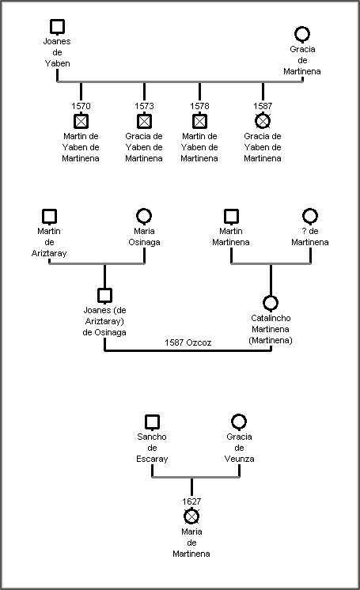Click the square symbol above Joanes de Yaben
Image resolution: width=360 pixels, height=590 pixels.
coord(57,27)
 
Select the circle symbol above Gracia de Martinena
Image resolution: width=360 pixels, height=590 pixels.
coord(302,35)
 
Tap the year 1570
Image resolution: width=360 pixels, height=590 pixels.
coord(81,106)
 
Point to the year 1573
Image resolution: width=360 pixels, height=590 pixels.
coord(144,106)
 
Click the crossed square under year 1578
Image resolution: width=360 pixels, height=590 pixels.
coord(199,121)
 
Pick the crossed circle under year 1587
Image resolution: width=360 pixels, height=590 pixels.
coord(263,121)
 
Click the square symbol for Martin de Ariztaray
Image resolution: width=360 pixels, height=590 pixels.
coord(49,217)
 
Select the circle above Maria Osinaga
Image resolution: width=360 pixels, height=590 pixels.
coord(144,217)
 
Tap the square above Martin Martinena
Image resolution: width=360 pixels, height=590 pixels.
coord(231,217)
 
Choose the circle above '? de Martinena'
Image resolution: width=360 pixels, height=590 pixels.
coord(310,217)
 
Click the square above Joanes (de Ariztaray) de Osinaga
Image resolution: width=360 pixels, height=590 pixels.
coord(104,296)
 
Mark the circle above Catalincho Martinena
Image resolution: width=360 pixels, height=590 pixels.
coord(271,303)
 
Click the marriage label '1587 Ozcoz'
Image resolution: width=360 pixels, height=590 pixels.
coord(188,342)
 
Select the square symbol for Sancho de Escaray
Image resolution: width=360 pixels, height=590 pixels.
coord(152,422)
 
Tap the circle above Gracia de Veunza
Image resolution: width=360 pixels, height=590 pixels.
coord(239,422)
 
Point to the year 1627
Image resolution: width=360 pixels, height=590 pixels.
coord(191,501)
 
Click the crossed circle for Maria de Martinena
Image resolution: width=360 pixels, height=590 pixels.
coord(191,516)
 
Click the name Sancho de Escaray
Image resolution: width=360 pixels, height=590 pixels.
coord(152,448)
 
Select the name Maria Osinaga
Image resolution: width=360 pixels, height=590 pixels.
coord(144,236)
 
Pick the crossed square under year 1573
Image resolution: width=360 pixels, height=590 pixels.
coord(144,121)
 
